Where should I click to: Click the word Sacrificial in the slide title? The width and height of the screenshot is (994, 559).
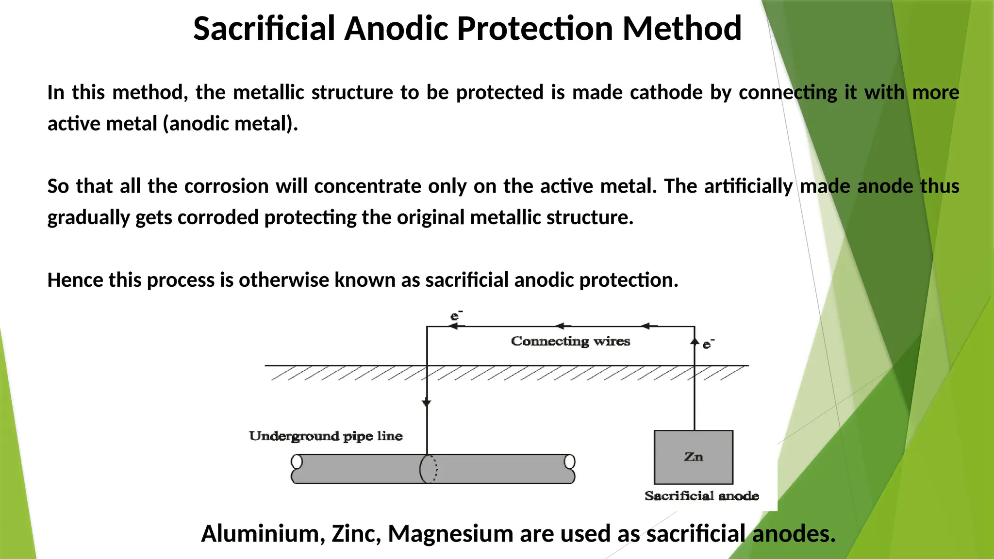[265, 28]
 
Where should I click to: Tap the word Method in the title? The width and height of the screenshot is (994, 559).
[681, 28]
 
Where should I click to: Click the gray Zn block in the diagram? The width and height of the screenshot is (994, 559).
[693, 457]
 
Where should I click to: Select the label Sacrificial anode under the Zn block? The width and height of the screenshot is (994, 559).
[701, 496]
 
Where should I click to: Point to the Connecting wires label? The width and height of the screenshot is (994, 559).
[570, 341]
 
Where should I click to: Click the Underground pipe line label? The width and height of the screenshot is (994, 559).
[326, 436]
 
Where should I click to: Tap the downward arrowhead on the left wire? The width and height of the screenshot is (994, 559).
[427, 402]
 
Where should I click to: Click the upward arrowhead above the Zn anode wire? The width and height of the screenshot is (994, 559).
[695, 341]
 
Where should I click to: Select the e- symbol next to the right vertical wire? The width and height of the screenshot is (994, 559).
[708, 344]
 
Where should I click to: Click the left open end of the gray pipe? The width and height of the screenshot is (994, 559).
[297, 461]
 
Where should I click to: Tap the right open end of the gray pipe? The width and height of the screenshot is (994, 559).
[570, 461]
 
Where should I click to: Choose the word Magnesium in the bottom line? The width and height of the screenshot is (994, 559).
[450, 533]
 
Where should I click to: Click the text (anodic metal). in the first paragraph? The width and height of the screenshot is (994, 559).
[230, 123]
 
